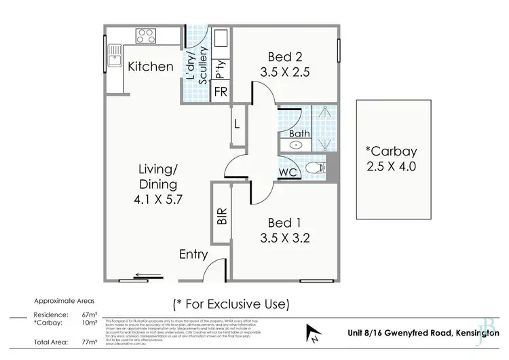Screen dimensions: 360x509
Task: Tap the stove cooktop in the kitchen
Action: click(x=146, y=35)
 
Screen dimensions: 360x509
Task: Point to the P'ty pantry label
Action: click(x=220, y=68)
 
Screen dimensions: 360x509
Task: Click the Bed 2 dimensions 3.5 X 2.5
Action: click(x=284, y=71)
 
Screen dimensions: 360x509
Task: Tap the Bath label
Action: click(x=299, y=134)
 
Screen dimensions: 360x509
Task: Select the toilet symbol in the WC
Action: click(x=314, y=168)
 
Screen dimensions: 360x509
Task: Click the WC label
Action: click(x=288, y=172)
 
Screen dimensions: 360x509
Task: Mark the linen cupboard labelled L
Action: click(x=237, y=125)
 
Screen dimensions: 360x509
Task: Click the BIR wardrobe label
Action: click(x=221, y=216)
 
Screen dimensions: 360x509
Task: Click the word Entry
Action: click(x=193, y=254)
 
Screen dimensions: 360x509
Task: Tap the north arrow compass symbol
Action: click(x=314, y=334)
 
